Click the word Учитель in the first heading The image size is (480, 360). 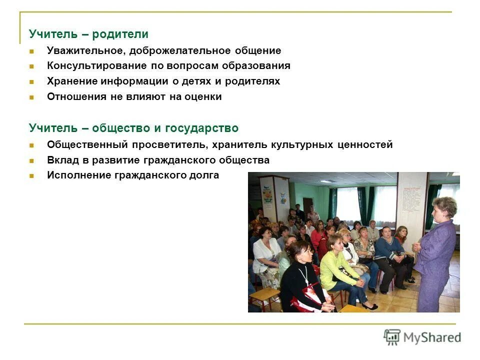tap(49, 34)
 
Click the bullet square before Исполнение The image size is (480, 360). tap(31, 176)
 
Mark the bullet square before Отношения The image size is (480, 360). tap(31, 97)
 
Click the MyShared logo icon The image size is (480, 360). tap(392, 337)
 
